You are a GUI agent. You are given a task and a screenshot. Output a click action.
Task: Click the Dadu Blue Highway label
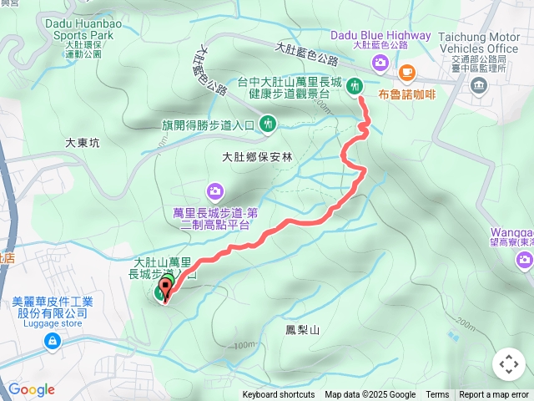click(x=380, y=35)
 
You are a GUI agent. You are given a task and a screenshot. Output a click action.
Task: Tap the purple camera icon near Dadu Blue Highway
click(x=380, y=63)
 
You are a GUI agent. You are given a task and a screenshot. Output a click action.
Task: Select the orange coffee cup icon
click(x=407, y=72)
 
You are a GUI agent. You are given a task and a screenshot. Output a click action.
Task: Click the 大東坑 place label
click(x=82, y=143)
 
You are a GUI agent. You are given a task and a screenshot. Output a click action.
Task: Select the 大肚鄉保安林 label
click(x=257, y=156)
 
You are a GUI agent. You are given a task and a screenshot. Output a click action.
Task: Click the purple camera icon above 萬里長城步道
click(x=215, y=191)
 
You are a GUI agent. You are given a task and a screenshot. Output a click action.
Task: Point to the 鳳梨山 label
click(x=303, y=331)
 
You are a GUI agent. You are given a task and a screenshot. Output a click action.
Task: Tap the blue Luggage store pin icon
click(x=53, y=341)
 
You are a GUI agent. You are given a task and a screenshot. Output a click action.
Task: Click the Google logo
click(x=31, y=389)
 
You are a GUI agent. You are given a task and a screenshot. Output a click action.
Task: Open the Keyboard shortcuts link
click(x=279, y=395)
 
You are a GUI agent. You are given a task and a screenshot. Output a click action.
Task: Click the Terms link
click(x=437, y=395)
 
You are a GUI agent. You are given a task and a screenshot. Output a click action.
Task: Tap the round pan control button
click(x=508, y=364)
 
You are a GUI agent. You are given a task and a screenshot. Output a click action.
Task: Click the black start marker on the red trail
click(x=164, y=290)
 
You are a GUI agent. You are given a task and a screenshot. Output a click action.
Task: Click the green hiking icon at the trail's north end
click(x=355, y=85)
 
